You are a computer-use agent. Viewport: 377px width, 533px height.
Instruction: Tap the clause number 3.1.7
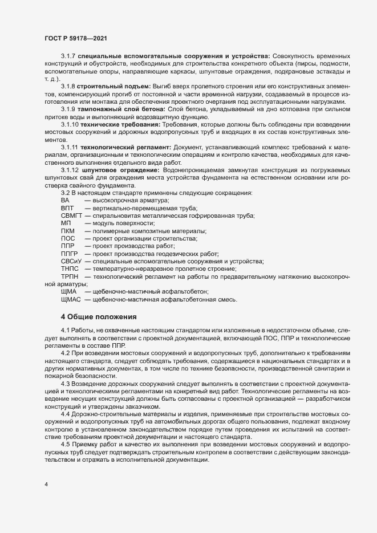[x=68, y=58]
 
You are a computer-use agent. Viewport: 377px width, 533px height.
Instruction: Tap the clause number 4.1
[x=65, y=331]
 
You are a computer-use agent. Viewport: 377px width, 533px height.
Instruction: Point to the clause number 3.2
[x=65, y=192]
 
